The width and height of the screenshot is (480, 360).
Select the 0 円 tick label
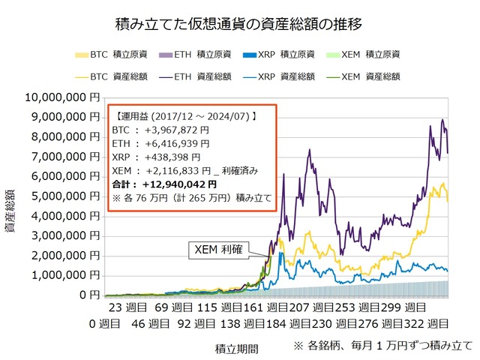(88, 295)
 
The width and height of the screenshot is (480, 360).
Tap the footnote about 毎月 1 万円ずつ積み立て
(382, 346)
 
